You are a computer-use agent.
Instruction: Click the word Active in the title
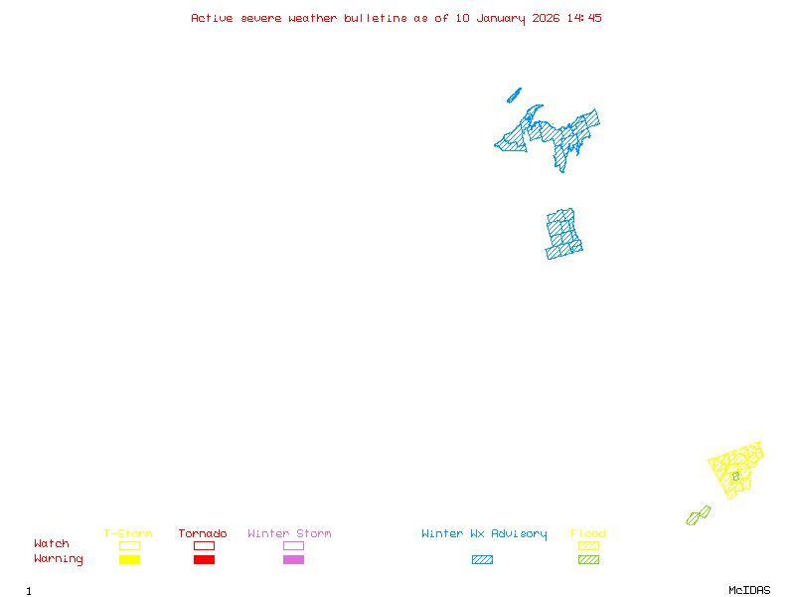[213, 18]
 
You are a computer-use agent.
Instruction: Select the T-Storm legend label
[128, 534]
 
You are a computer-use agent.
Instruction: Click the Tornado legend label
[203, 534]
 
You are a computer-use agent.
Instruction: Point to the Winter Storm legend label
[289, 534]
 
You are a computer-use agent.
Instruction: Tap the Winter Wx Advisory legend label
[484, 534]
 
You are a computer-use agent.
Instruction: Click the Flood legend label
[588, 534]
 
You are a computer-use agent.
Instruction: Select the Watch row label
[52, 544]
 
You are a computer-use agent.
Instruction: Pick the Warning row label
[59, 559]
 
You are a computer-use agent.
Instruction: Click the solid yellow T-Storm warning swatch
[129, 559]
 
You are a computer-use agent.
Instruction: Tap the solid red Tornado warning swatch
[204, 559]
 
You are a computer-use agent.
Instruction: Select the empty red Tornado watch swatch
[204, 545]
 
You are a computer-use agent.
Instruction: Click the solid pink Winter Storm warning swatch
[293, 559]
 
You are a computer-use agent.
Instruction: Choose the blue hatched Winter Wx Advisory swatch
[482, 559]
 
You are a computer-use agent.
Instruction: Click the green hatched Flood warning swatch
[588, 559]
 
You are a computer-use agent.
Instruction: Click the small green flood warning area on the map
[699, 515]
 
